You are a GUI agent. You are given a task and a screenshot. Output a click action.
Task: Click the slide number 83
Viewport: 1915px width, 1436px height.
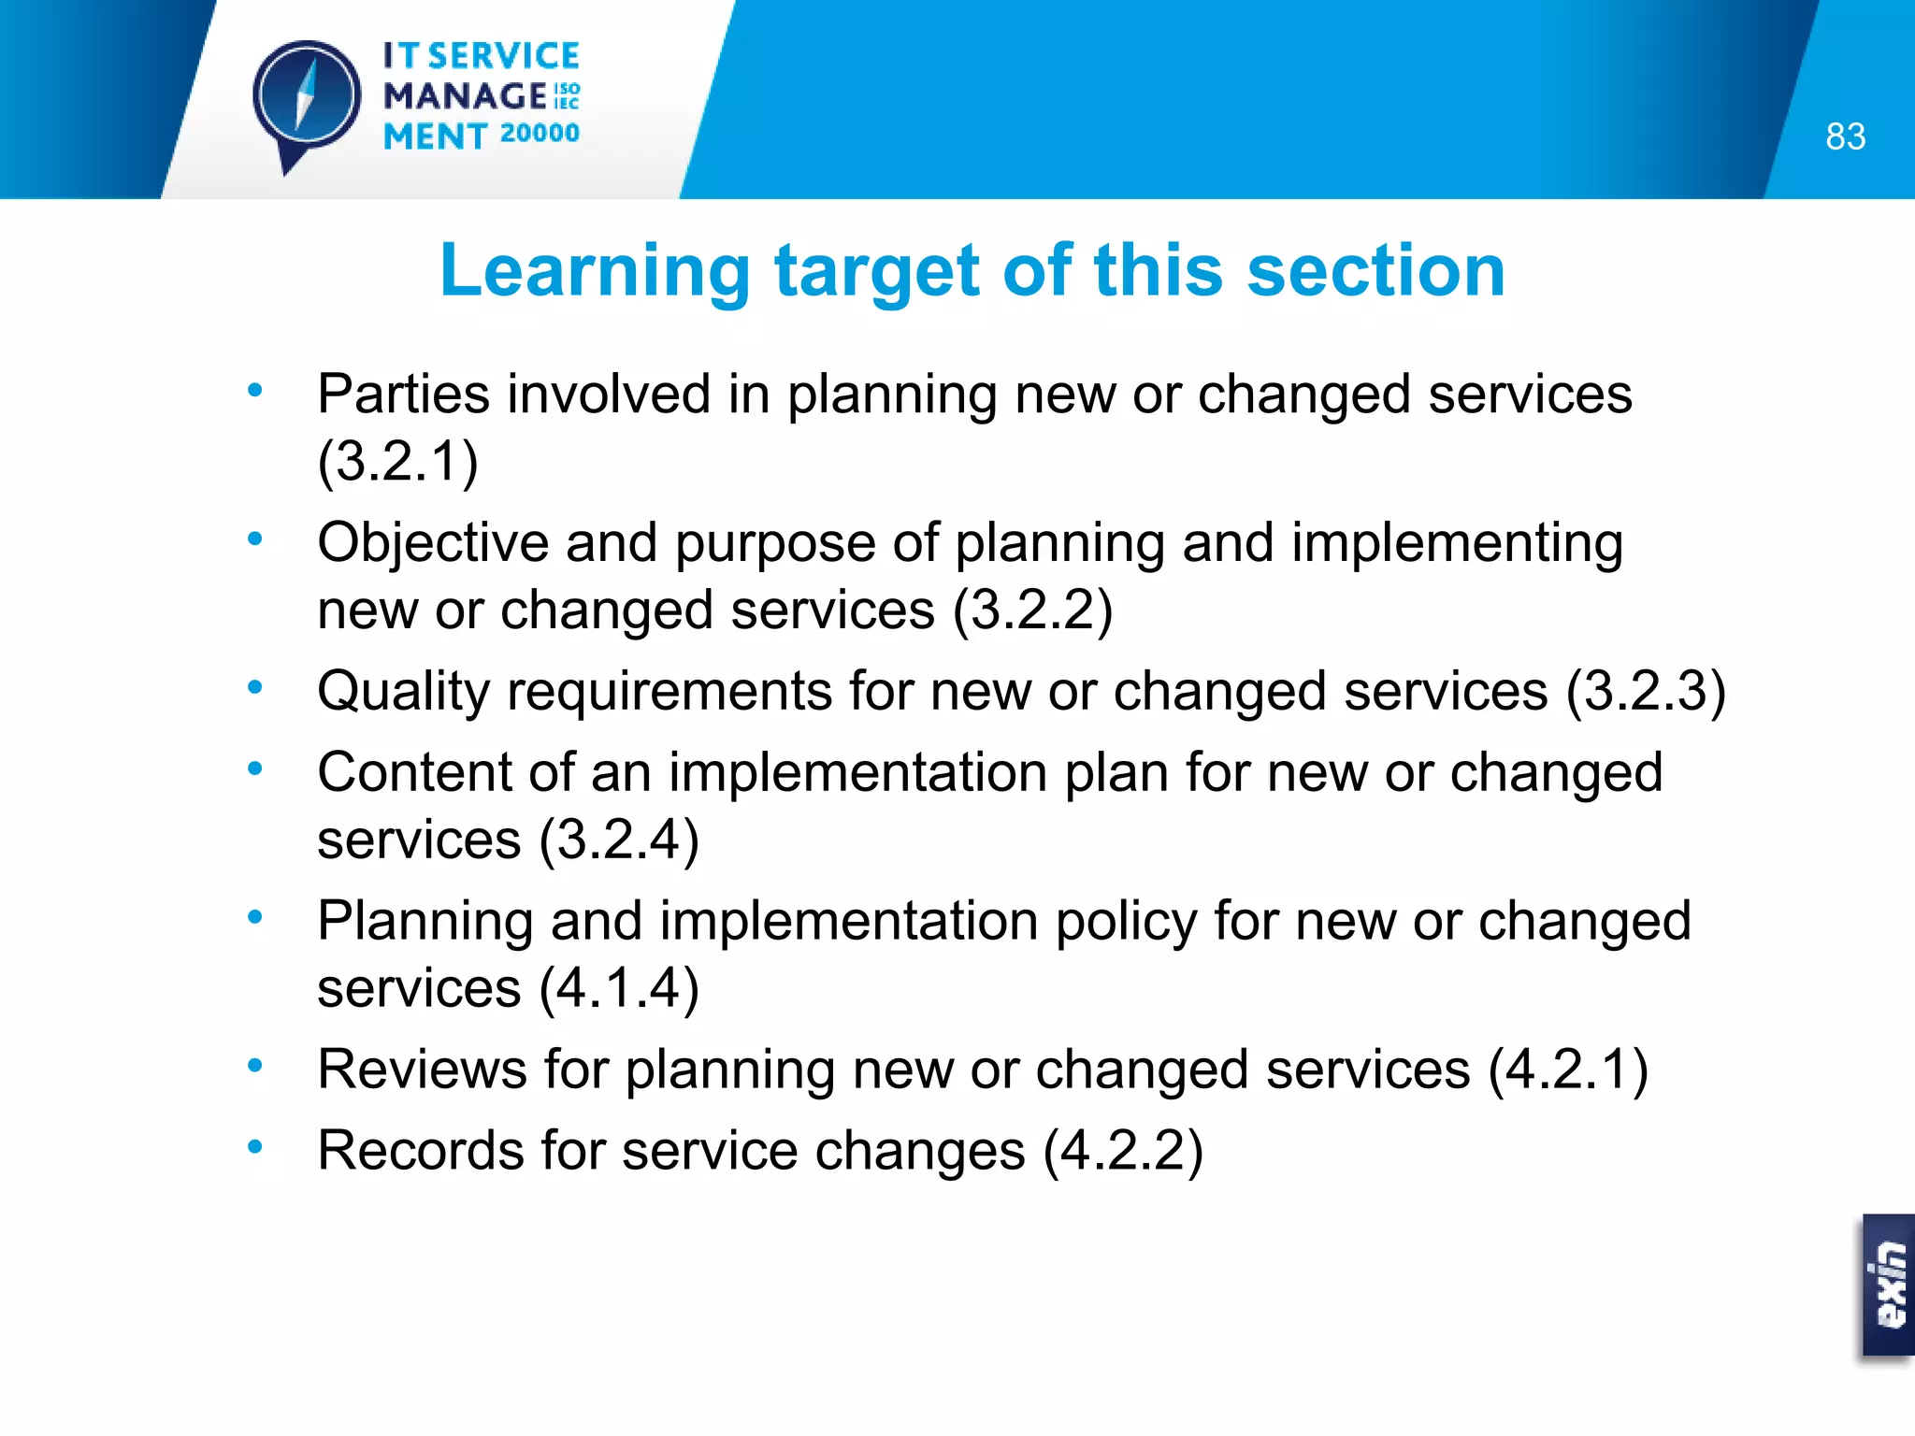coord(1845,136)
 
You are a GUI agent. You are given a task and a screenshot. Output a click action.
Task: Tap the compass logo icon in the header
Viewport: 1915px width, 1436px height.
coord(306,99)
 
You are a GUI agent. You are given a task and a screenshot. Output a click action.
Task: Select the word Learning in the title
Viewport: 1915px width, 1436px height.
coord(595,270)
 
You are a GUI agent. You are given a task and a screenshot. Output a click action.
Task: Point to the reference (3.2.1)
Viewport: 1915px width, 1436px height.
coord(397,461)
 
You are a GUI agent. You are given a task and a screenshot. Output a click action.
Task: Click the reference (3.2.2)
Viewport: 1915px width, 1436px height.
coord(1032,610)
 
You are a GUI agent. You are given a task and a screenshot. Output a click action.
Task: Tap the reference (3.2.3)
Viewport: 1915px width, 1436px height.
coord(1646,691)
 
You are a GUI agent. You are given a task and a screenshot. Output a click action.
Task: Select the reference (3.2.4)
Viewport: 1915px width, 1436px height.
coord(619,839)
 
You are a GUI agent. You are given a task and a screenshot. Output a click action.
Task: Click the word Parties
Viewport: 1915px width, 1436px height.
coord(403,394)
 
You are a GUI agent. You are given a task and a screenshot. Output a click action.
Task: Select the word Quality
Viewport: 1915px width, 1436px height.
coord(403,691)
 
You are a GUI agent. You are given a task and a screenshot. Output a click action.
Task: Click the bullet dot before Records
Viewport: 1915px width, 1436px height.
coord(254,1146)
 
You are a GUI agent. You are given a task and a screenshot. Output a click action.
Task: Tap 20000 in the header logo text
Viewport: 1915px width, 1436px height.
coord(540,134)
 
